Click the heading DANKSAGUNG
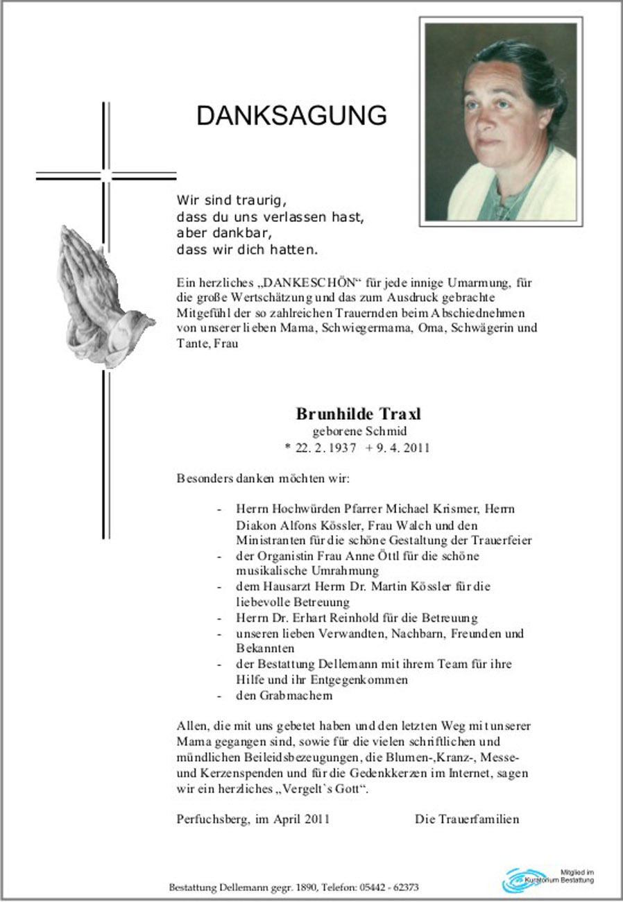291,116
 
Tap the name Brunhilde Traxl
359,414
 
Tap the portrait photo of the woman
500,122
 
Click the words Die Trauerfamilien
467,819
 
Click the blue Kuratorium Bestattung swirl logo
524,880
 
